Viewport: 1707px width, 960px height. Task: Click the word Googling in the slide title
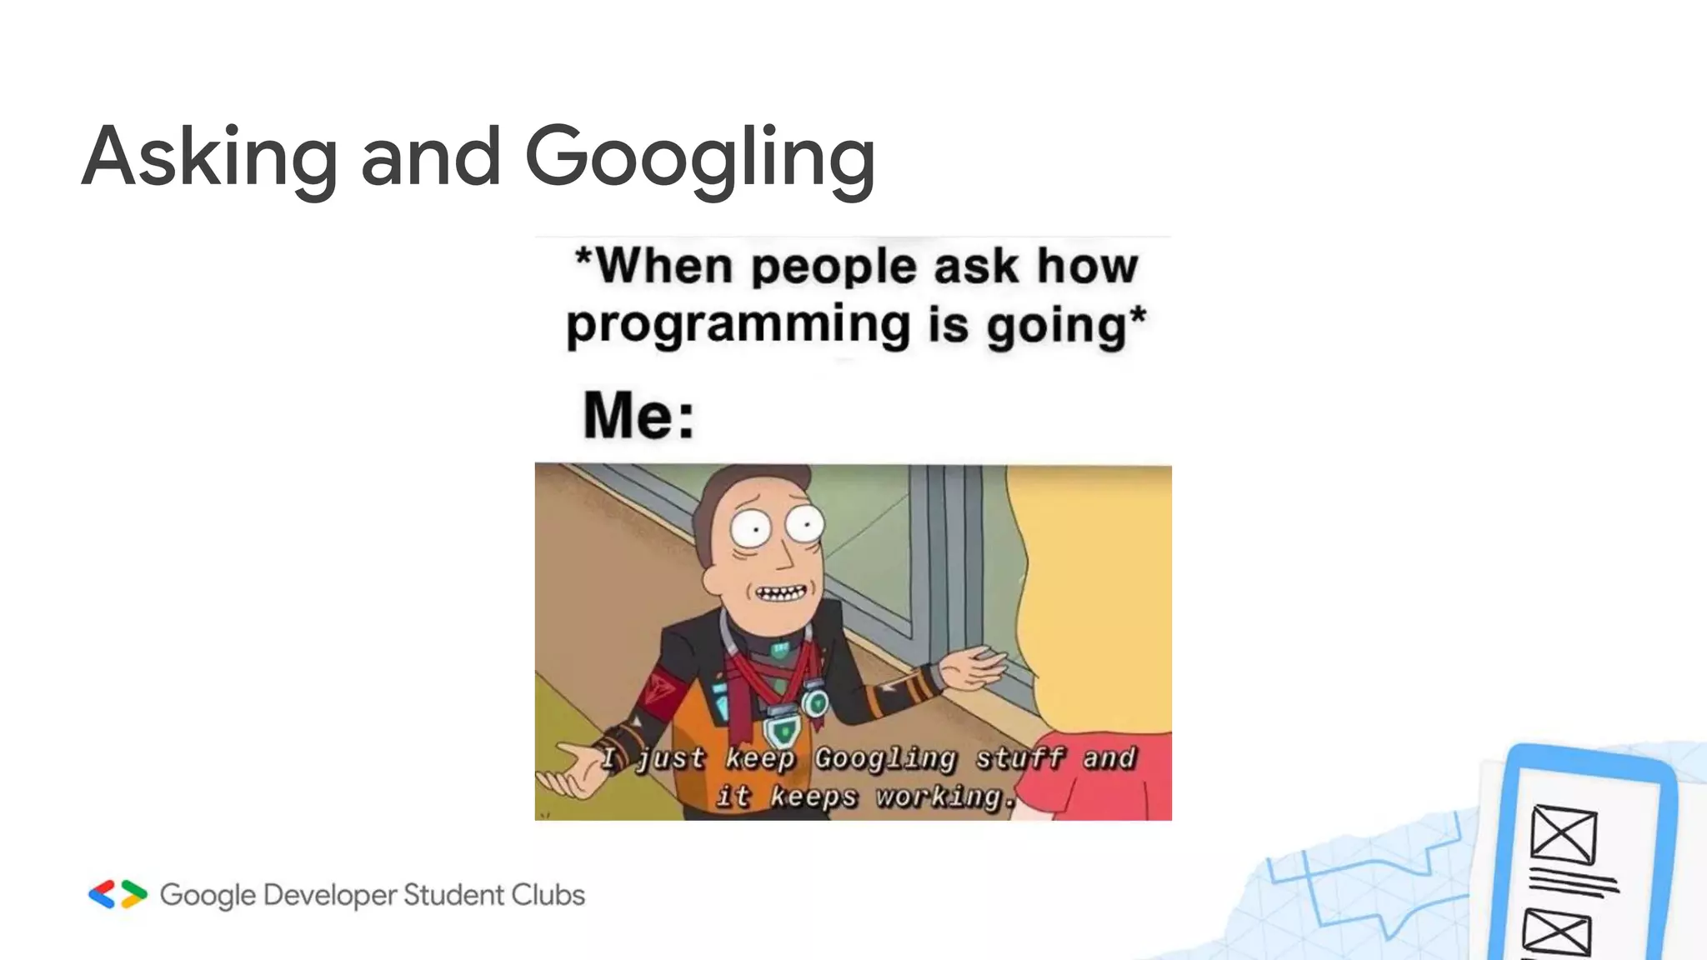coord(700,158)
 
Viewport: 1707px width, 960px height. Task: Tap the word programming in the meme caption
coord(738,325)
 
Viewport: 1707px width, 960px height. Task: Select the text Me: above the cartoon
coord(638,415)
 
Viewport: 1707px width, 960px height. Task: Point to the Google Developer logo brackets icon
coord(118,894)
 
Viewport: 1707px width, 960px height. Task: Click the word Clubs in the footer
coord(548,894)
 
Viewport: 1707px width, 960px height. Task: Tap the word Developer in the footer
coord(330,895)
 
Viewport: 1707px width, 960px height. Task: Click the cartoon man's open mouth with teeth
coord(781,593)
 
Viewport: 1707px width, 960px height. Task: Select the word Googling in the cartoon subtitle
coord(884,758)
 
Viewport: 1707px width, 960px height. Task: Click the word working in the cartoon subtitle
coord(938,797)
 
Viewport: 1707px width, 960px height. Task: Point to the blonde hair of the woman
coord(1100,583)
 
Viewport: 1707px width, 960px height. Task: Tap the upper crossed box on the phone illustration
coord(1564,834)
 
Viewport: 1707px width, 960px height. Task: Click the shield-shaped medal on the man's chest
coord(782,730)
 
